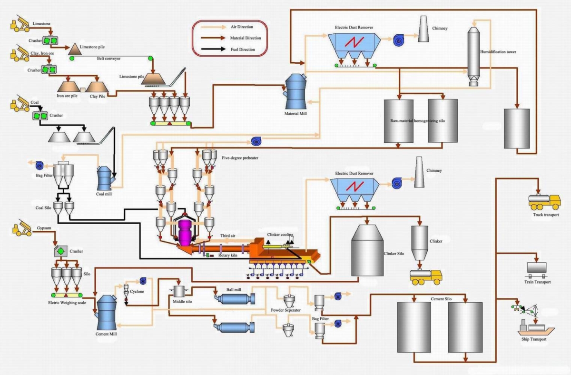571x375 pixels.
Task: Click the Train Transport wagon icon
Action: [x=536, y=269]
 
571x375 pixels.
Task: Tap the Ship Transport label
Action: [x=533, y=339]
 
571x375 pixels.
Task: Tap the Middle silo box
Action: [x=178, y=291]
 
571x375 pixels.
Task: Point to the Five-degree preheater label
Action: [x=240, y=158]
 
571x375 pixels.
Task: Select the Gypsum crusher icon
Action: [x=60, y=251]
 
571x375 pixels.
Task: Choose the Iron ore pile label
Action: [x=67, y=96]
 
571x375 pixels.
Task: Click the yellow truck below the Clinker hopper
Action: [x=426, y=276]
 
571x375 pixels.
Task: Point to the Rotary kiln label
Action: [x=229, y=256]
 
